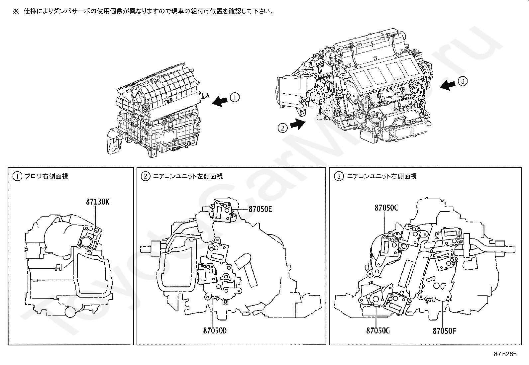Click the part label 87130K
click(97, 202)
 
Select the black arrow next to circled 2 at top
click(297, 124)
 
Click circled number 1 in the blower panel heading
click(17, 176)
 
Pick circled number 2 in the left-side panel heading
click(145, 176)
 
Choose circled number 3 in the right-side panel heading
click(338, 176)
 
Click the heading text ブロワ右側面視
click(46, 176)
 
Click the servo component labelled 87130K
click(89, 238)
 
